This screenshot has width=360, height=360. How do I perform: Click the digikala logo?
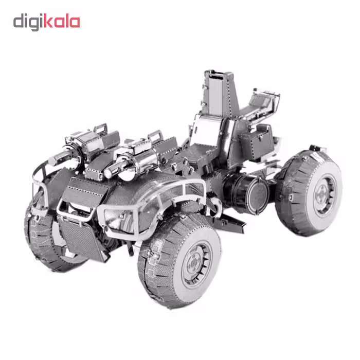[x=47, y=22]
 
